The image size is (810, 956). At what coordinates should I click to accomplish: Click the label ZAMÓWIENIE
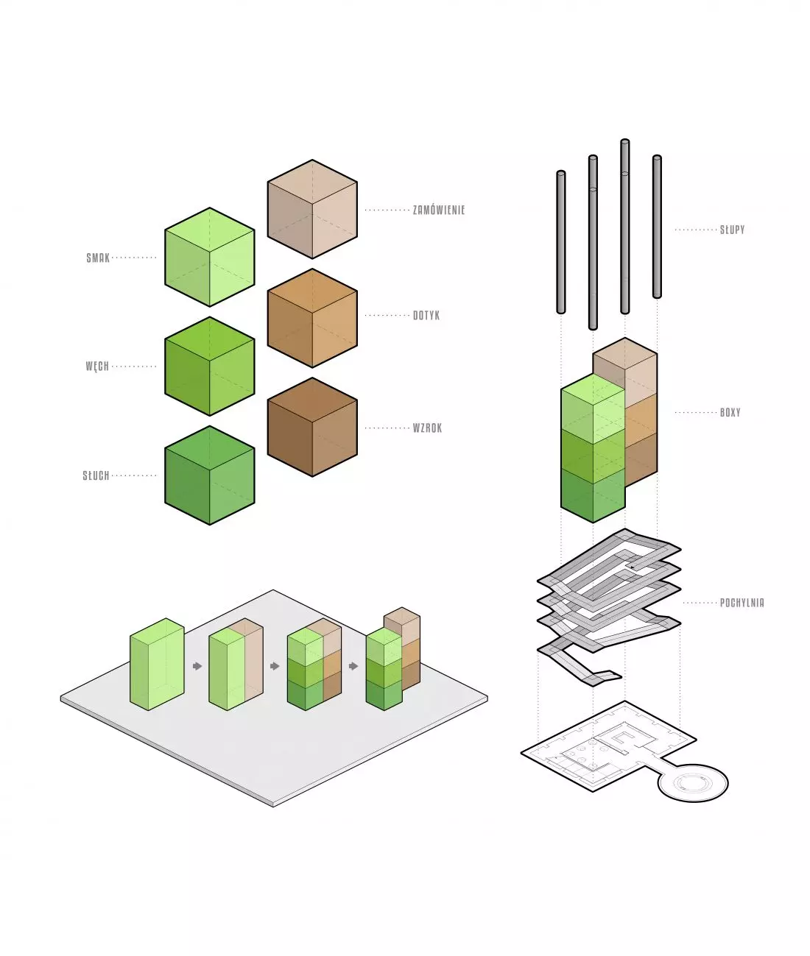(x=438, y=210)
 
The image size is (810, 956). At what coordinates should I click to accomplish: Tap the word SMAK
(x=98, y=258)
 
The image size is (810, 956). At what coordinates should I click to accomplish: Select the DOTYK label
(x=426, y=316)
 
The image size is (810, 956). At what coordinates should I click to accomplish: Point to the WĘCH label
(x=97, y=367)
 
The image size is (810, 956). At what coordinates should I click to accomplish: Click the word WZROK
(x=427, y=428)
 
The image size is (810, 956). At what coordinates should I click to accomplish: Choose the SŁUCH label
(x=96, y=475)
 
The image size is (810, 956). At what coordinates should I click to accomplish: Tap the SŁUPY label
(x=732, y=230)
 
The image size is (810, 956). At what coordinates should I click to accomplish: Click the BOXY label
(x=730, y=412)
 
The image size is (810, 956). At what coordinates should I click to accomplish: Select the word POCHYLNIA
(x=742, y=603)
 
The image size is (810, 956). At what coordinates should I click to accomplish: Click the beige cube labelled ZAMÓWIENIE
(x=312, y=209)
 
